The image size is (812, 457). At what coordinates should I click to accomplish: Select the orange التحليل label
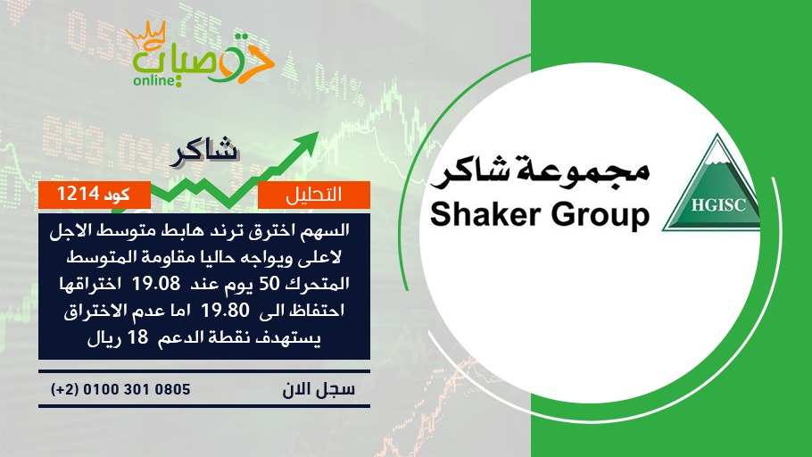pyautogui.click(x=314, y=195)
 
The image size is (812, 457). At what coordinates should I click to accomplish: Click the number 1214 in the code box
pyautogui.click(x=78, y=194)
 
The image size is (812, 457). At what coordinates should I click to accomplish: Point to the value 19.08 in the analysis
pyautogui.click(x=156, y=284)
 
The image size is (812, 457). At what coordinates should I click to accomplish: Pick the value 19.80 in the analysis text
pyautogui.click(x=225, y=311)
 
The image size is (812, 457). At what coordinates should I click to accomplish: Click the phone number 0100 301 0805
pyautogui.click(x=137, y=389)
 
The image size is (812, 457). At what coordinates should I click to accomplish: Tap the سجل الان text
pyautogui.click(x=319, y=389)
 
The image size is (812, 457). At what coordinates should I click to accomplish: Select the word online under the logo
pyautogui.click(x=153, y=80)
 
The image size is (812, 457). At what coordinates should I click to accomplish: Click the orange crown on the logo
pyautogui.click(x=146, y=35)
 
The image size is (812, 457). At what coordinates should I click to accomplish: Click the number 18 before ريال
pyautogui.click(x=137, y=337)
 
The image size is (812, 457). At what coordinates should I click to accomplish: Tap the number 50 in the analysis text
pyautogui.click(x=269, y=284)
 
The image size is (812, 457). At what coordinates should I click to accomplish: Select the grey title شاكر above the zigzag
pyautogui.click(x=203, y=151)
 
